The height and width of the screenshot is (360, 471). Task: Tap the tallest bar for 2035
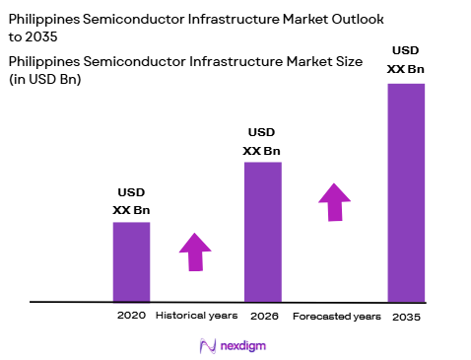pyautogui.click(x=406, y=192)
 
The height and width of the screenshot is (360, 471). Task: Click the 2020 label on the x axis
pyautogui.click(x=131, y=316)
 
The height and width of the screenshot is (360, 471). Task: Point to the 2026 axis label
pyautogui.click(x=262, y=316)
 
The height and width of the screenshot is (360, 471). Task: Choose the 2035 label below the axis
pyautogui.click(x=406, y=317)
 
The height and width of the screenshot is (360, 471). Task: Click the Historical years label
pyautogui.click(x=197, y=316)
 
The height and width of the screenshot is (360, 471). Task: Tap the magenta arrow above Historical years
pyautogui.click(x=195, y=252)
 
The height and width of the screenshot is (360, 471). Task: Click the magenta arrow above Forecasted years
pyautogui.click(x=334, y=201)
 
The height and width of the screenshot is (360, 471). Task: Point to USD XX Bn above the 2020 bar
pyautogui.click(x=131, y=202)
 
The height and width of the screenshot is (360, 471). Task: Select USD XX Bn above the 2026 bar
pyautogui.click(x=262, y=141)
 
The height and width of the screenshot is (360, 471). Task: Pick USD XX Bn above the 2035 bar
pyautogui.click(x=406, y=59)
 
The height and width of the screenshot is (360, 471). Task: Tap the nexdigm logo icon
pyautogui.click(x=209, y=345)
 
